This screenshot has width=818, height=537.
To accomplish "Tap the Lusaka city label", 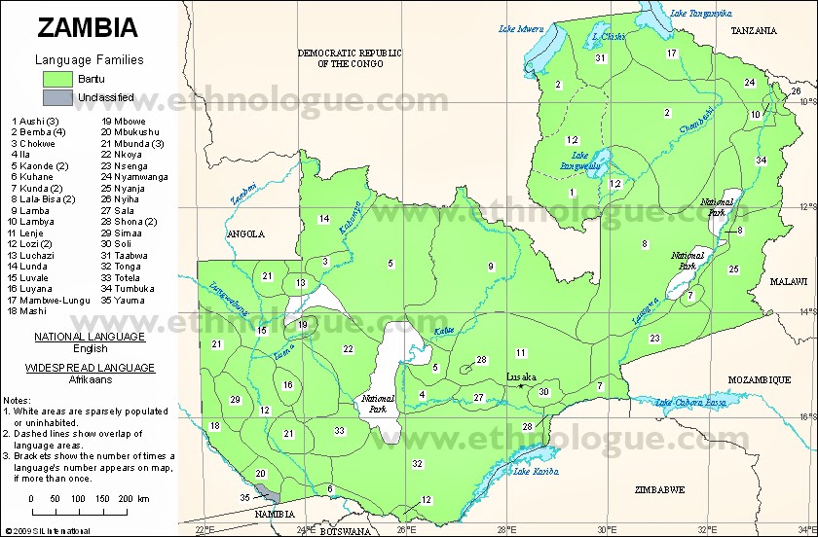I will coord(521,376).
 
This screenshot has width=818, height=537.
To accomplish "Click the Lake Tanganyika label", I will coord(700,13).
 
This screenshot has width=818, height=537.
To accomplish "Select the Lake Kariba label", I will coord(535,472).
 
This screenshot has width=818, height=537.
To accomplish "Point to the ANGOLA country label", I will coord(245,233).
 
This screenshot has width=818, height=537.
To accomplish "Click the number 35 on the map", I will coord(244,497).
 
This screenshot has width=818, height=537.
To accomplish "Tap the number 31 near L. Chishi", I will coord(601,58).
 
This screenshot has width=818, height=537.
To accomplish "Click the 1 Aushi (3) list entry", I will coord(35,121).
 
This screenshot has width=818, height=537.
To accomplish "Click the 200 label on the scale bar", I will coord(124,498).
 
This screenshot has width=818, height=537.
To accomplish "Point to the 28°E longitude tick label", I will coord(505,530).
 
